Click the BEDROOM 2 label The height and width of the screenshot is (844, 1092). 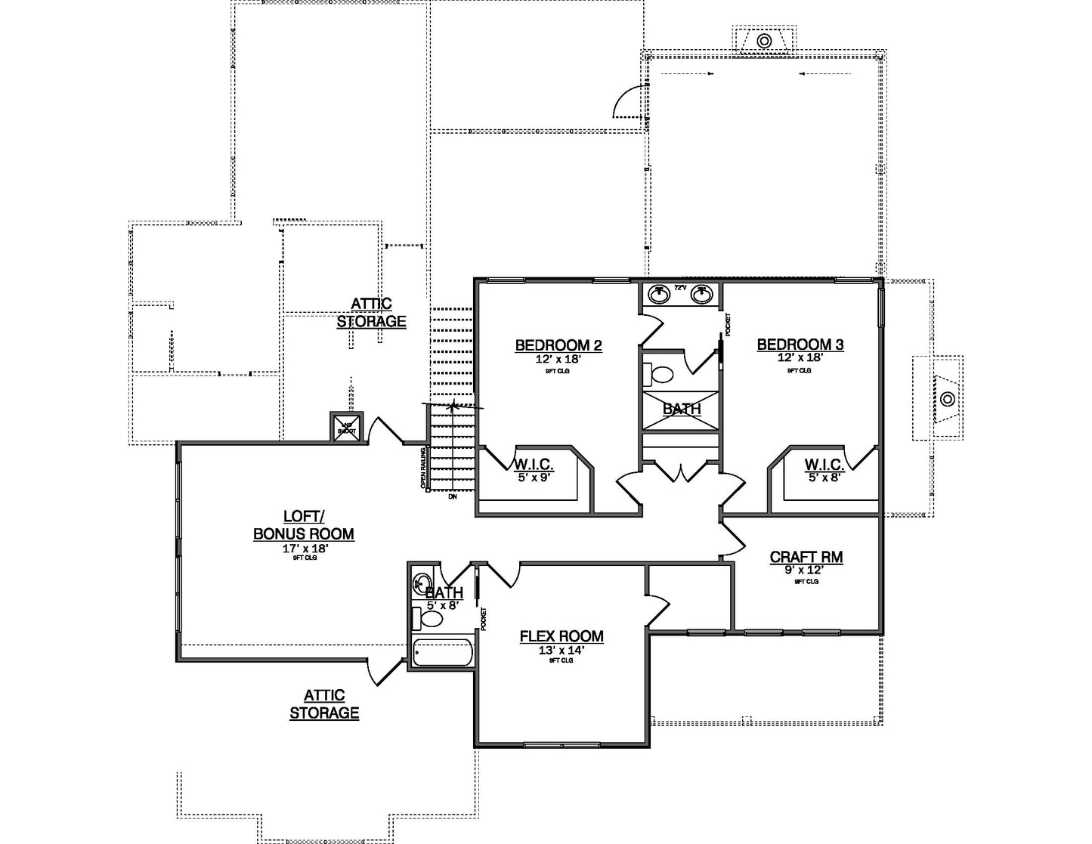[x=558, y=345]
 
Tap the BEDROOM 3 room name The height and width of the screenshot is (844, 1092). [x=800, y=345]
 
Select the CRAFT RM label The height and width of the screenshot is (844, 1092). [x=806, y=558]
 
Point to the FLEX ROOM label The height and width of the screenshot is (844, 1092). [x=561, y=636]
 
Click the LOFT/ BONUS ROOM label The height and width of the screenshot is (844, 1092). [x=303, y=525]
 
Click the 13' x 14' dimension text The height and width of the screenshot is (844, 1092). [x=561, y=650]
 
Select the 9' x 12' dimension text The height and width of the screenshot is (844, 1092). [x=806, y=570]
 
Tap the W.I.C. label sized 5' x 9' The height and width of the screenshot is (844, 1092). [x=534, y=464]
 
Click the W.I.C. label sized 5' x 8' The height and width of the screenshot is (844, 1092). [x=823, y=464]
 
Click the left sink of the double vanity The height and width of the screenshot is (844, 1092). [x=659, y=289]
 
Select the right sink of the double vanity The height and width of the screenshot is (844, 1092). [x=703, y=289]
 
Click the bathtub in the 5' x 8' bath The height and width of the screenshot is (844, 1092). [x=443, y=653]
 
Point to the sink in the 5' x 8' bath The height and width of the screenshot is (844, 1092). [x=421, y=583]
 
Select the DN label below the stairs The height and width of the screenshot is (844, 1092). [x=452, y=496]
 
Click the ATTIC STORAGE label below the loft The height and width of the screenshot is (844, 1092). [x=324, y=703]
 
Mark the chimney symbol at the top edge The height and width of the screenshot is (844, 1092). [x=765, y=40]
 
